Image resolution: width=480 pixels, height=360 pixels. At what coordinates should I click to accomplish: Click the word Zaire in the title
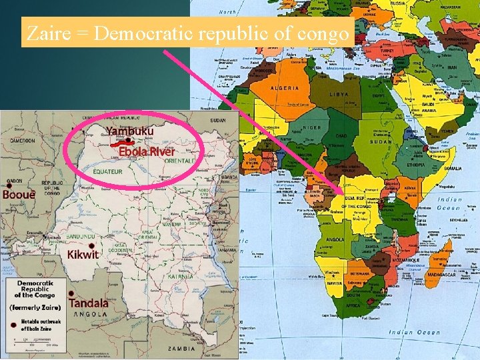(x=45, y=33)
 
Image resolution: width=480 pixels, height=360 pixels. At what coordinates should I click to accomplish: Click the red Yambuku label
(x=129, y=131)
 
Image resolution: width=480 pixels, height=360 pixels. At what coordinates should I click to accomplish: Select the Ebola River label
(x=147, y=151)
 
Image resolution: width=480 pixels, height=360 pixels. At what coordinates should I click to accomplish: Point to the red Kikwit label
(x=83, y=254)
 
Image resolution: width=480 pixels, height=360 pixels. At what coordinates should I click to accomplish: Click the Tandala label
(x=89, y=302)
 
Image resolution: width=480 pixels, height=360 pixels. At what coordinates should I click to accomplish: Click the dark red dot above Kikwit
(x=73, y=244)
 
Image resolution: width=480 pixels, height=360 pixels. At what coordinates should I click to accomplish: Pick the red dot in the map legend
(x=14, y=325)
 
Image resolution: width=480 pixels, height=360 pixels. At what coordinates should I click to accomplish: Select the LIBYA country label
(x=339, y=95)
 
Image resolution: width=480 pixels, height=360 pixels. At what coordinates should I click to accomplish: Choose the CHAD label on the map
(x=342, y=136)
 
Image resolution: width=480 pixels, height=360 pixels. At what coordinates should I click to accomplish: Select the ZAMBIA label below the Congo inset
(x=182, y=348)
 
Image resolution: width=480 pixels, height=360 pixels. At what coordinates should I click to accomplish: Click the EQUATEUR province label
(x=107, y=171)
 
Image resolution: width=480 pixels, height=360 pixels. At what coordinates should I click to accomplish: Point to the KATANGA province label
(x=180, y=276)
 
